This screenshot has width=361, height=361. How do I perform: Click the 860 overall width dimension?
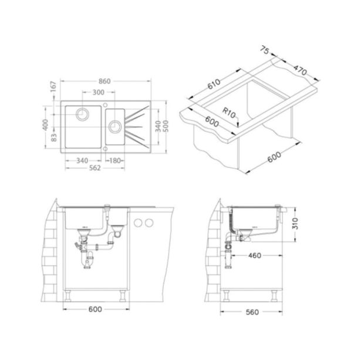[x=104, y=81]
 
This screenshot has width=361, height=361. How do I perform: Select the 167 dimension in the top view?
[x=53, y=86]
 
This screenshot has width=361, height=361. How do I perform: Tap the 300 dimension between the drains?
[x=98, y=92]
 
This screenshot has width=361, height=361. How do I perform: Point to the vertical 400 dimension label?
[x=46, y=124]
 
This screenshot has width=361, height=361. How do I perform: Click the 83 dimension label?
[x=53, y=137]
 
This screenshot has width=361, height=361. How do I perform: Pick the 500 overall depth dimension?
[x=166, y=126]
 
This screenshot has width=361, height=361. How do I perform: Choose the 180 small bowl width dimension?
[x=115, y=160]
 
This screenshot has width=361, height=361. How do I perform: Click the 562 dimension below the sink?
[x=95, y=168]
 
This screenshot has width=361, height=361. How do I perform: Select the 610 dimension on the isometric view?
[x=214, y=84]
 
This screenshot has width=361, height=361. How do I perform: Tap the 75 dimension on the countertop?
[x=265, y=50]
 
